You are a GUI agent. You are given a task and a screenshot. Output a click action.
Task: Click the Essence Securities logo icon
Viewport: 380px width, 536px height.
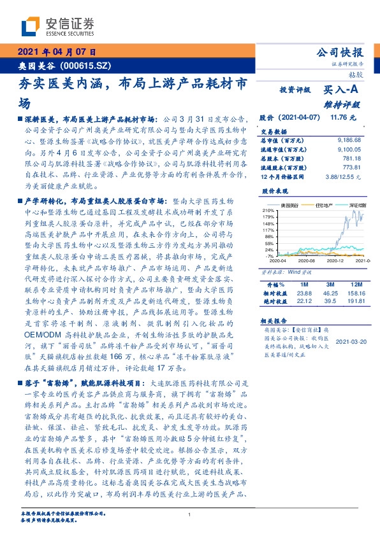point(29,27)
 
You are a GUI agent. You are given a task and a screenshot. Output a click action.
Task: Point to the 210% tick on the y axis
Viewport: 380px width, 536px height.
point(268,210)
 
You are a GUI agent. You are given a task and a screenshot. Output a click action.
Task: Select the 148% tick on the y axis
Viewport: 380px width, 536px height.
point(268,223)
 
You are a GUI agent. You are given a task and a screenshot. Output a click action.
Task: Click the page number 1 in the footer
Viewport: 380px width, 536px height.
point(190,515)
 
